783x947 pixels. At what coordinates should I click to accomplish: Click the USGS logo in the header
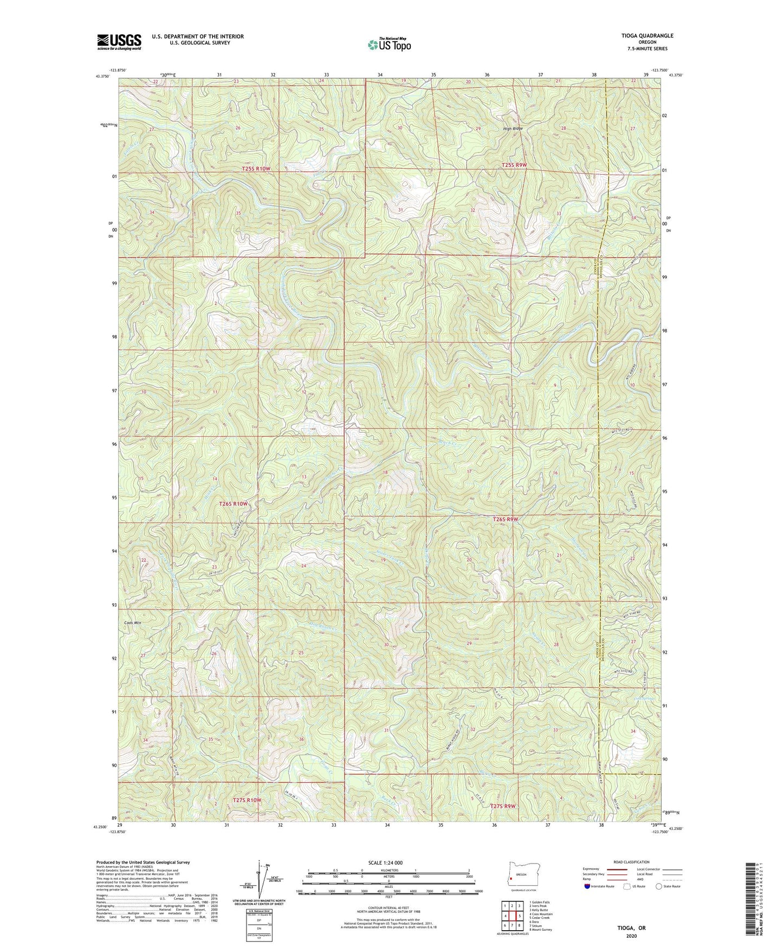(x=119, y=42)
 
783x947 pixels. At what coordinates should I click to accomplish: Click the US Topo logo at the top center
(x=389, y=44)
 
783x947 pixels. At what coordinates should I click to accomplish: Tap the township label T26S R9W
(x=505, y=519)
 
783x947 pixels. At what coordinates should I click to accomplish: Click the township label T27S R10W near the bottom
(x=247, y=800)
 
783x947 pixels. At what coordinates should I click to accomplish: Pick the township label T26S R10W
(x=233, y=504)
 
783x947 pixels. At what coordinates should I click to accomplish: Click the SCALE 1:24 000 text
(x=385, y=862)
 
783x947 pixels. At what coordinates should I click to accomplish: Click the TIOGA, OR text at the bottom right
(x=631, y=928)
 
